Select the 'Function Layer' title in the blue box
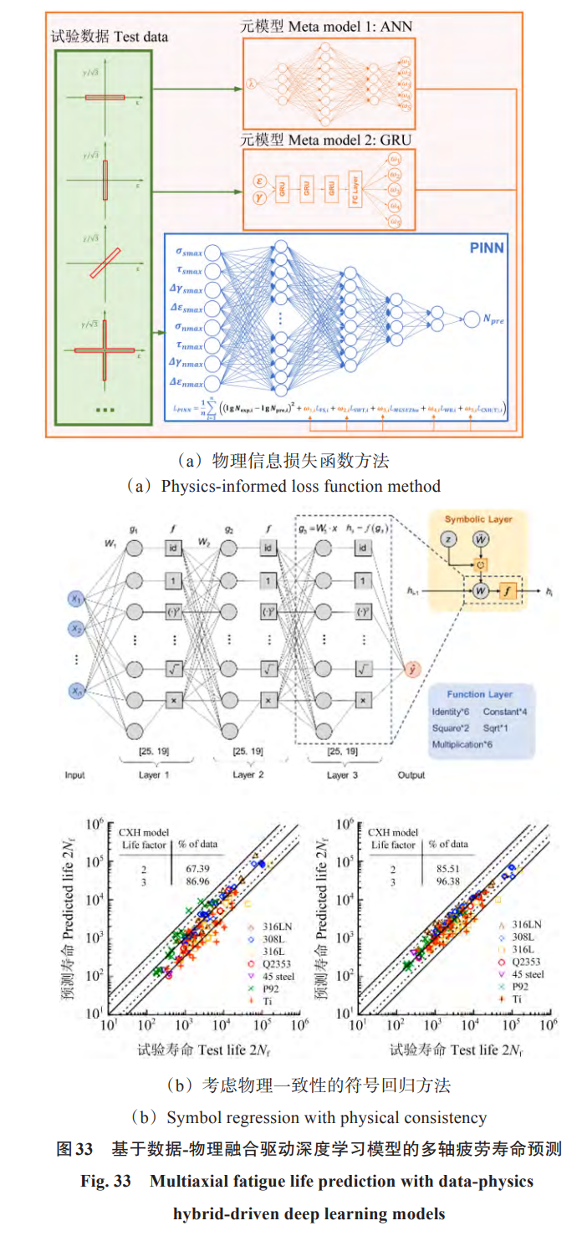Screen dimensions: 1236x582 pyautogui.click(x=479, y=694)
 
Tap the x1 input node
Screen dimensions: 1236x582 pyautogui.click(x=77, y=599)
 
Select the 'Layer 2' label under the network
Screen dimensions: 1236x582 pyautogui.click(x=243, y=774)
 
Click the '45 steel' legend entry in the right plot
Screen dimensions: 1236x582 pyautogui.click(x=526, y=974)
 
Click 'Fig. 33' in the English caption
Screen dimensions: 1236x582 pyautogui.click(x=102, y=1182)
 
